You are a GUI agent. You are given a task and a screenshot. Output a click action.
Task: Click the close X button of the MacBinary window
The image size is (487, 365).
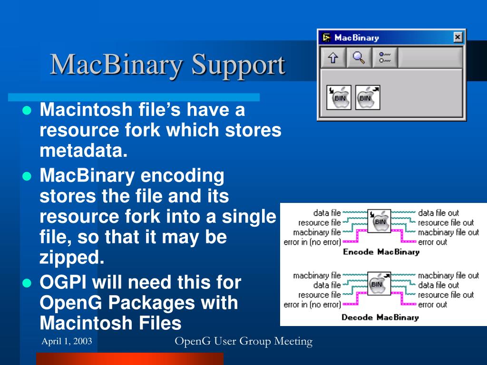(458, 37)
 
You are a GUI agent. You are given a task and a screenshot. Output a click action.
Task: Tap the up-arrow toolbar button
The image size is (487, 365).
(333, 58)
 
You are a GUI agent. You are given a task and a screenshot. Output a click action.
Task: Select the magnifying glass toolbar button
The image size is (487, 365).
(359, 58)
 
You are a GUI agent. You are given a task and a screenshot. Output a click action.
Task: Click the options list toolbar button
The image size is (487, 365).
(384, 58)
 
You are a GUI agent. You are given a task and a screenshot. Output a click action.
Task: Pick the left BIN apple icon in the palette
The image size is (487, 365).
(339, 97)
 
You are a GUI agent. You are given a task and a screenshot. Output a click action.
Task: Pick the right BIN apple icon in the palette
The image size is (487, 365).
(368, 97)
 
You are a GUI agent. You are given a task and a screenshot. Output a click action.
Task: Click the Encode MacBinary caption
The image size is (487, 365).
(381, 252)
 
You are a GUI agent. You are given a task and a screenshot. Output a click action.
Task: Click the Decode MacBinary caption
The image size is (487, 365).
(380, 317)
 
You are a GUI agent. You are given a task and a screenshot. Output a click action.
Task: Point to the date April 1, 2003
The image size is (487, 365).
(67, 342)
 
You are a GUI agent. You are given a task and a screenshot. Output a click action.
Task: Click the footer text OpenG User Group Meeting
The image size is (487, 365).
(243, 341)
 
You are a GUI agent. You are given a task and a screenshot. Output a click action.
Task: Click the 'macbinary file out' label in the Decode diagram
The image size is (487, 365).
(448, 275)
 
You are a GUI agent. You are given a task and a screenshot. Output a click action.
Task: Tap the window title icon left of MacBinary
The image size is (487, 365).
(326, 38)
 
